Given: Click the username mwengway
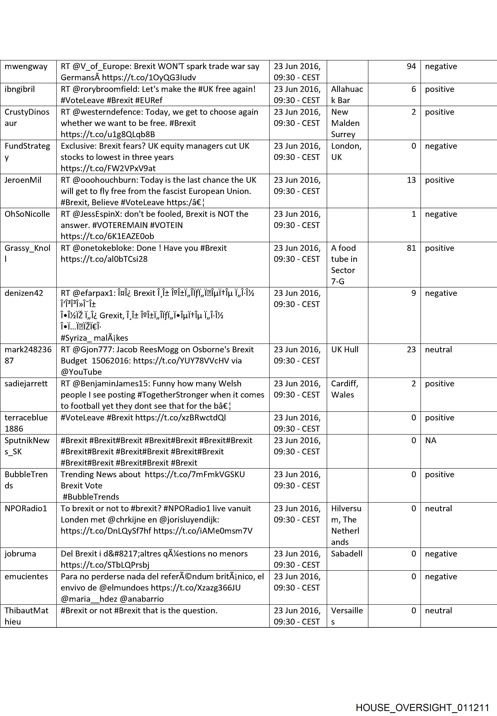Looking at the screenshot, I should [x=26, y=66].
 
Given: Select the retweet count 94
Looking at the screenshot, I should [x=411, y=66].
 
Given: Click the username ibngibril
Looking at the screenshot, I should [x=20, y=89].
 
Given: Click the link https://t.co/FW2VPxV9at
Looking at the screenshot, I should [x=108, y=168].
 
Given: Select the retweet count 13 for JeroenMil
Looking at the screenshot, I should [x=411, y=180].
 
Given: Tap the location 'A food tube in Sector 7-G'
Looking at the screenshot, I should [x=344, y=264].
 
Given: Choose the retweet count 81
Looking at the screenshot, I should [x=411, y=248].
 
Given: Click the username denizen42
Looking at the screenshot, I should [x=24, y=293].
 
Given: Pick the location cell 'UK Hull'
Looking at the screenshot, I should [x=345, y=349].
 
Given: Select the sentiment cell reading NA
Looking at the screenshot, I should [x=431, y=440].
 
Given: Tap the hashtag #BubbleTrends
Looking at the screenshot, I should [x=91, y=497].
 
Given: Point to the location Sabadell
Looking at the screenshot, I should [x=347, y=554].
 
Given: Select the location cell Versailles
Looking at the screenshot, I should [x=347, y=616].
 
